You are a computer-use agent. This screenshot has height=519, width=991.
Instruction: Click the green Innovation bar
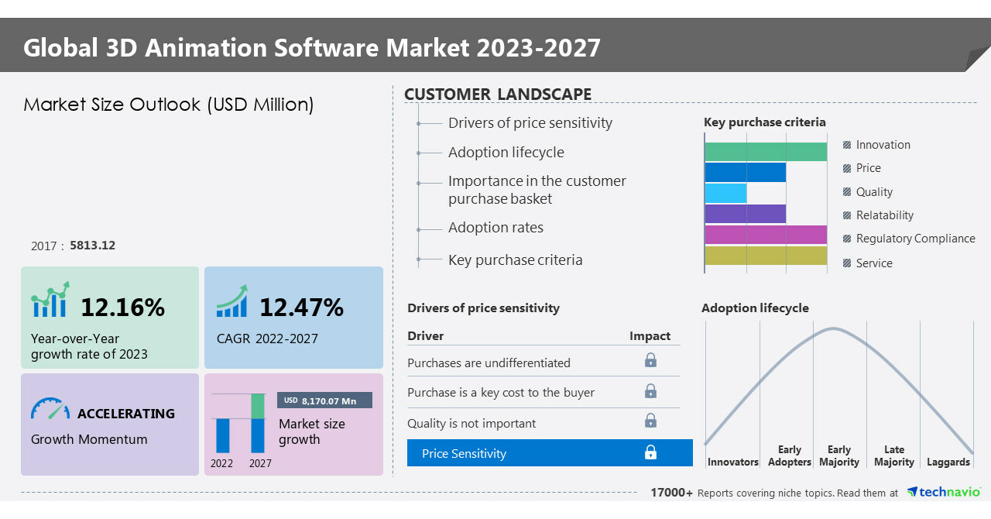[765, 152]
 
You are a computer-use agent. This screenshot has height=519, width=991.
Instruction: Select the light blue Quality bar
[725, 193]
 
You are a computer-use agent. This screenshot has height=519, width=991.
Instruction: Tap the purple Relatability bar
[745, 214]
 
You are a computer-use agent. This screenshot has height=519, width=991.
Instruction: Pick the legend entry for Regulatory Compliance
[915, 239]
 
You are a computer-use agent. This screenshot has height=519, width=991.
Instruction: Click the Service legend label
[874, 263]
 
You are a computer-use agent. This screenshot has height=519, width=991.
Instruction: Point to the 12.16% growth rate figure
[122, 308]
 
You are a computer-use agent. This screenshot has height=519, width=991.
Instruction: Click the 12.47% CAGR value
[301, 308]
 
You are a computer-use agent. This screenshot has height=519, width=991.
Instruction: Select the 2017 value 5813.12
[92, 246]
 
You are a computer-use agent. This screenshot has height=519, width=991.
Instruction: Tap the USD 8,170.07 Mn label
[324, 400]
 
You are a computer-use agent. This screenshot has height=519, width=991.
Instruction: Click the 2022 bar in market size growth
[223, 435]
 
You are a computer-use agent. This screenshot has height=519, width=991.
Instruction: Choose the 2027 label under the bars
[260, 463]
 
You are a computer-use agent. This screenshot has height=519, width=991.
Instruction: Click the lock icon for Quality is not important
[650, 421]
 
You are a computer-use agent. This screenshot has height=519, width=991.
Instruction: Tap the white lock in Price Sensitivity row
[650, 452]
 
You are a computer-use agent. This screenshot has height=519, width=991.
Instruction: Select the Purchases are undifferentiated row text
[489, 363]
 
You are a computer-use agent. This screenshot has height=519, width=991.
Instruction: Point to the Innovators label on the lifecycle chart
[732, 462]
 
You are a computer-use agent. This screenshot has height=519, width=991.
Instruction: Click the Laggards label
[948, 462]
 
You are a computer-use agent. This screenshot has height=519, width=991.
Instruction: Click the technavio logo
[944, 492]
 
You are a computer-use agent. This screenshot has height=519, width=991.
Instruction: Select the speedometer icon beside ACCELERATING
[50, 410]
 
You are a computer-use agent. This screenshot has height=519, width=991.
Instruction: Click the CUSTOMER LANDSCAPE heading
[498, 95]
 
